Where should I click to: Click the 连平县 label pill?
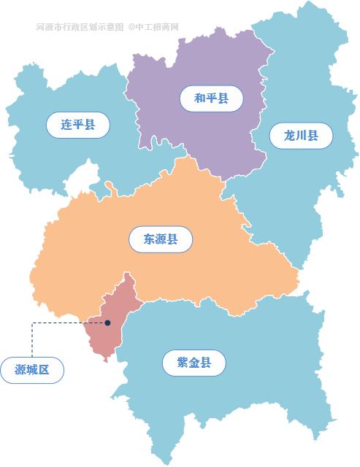tap(78, 124)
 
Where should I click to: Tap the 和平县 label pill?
tap(211, 97)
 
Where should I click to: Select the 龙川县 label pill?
tap(301, 136)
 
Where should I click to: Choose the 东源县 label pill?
tap(159, 239)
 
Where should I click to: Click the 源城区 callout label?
tap(32, 369)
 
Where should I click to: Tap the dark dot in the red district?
tap(107, 323)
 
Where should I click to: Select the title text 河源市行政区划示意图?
tap(80, 28)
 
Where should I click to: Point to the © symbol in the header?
tap(131, 28)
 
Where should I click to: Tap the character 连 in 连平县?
tap(67, 124)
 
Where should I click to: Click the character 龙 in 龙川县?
tap(290, 136)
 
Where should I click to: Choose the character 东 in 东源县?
tap(148, 239)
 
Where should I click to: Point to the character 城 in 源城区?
tap(32, 369)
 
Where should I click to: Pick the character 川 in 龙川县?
tap(301, 136)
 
